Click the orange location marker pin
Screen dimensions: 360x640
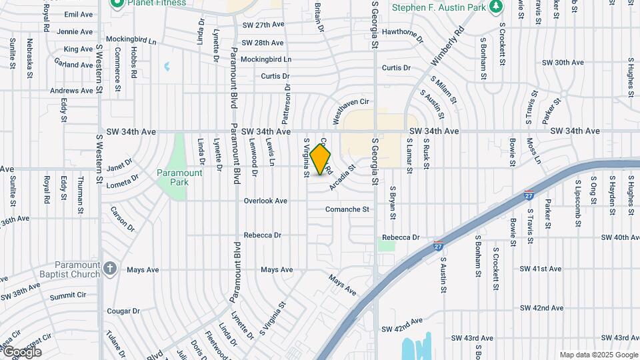321,159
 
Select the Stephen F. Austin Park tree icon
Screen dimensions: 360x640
495,7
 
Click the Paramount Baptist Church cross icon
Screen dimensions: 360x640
111,269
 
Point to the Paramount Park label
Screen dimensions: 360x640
179,177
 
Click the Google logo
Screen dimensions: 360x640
22,351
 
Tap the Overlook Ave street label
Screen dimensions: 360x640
265,201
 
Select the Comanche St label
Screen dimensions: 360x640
347,209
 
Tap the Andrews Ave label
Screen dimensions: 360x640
71,91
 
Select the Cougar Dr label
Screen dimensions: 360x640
123,311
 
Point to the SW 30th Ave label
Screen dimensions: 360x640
563,62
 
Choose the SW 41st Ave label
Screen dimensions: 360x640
541,269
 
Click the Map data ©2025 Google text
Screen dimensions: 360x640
599,355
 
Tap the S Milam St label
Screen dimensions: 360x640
443,90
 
